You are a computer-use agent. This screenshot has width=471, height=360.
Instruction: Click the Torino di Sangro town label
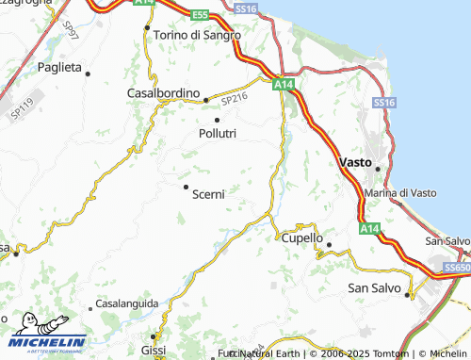coord(197,35)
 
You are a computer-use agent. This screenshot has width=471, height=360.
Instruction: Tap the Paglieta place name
coord(60,68)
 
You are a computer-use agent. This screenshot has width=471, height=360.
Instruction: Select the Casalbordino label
coord(164,93)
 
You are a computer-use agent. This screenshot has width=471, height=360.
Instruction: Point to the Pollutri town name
coord(218,135)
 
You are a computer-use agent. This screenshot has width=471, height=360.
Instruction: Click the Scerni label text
coord(208,194)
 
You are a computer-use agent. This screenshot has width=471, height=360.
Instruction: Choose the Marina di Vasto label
coord(400,192)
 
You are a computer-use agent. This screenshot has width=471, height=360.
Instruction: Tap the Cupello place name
coord(302,238)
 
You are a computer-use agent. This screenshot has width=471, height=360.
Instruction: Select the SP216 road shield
coord(234,96)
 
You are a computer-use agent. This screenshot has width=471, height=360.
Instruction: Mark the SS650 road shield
coord(456,269)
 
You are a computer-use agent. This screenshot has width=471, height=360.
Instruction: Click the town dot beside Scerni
coord(186,187)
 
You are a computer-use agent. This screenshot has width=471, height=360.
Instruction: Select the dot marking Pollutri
coord(218,120)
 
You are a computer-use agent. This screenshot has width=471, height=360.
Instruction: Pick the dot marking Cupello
coord(329,245)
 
